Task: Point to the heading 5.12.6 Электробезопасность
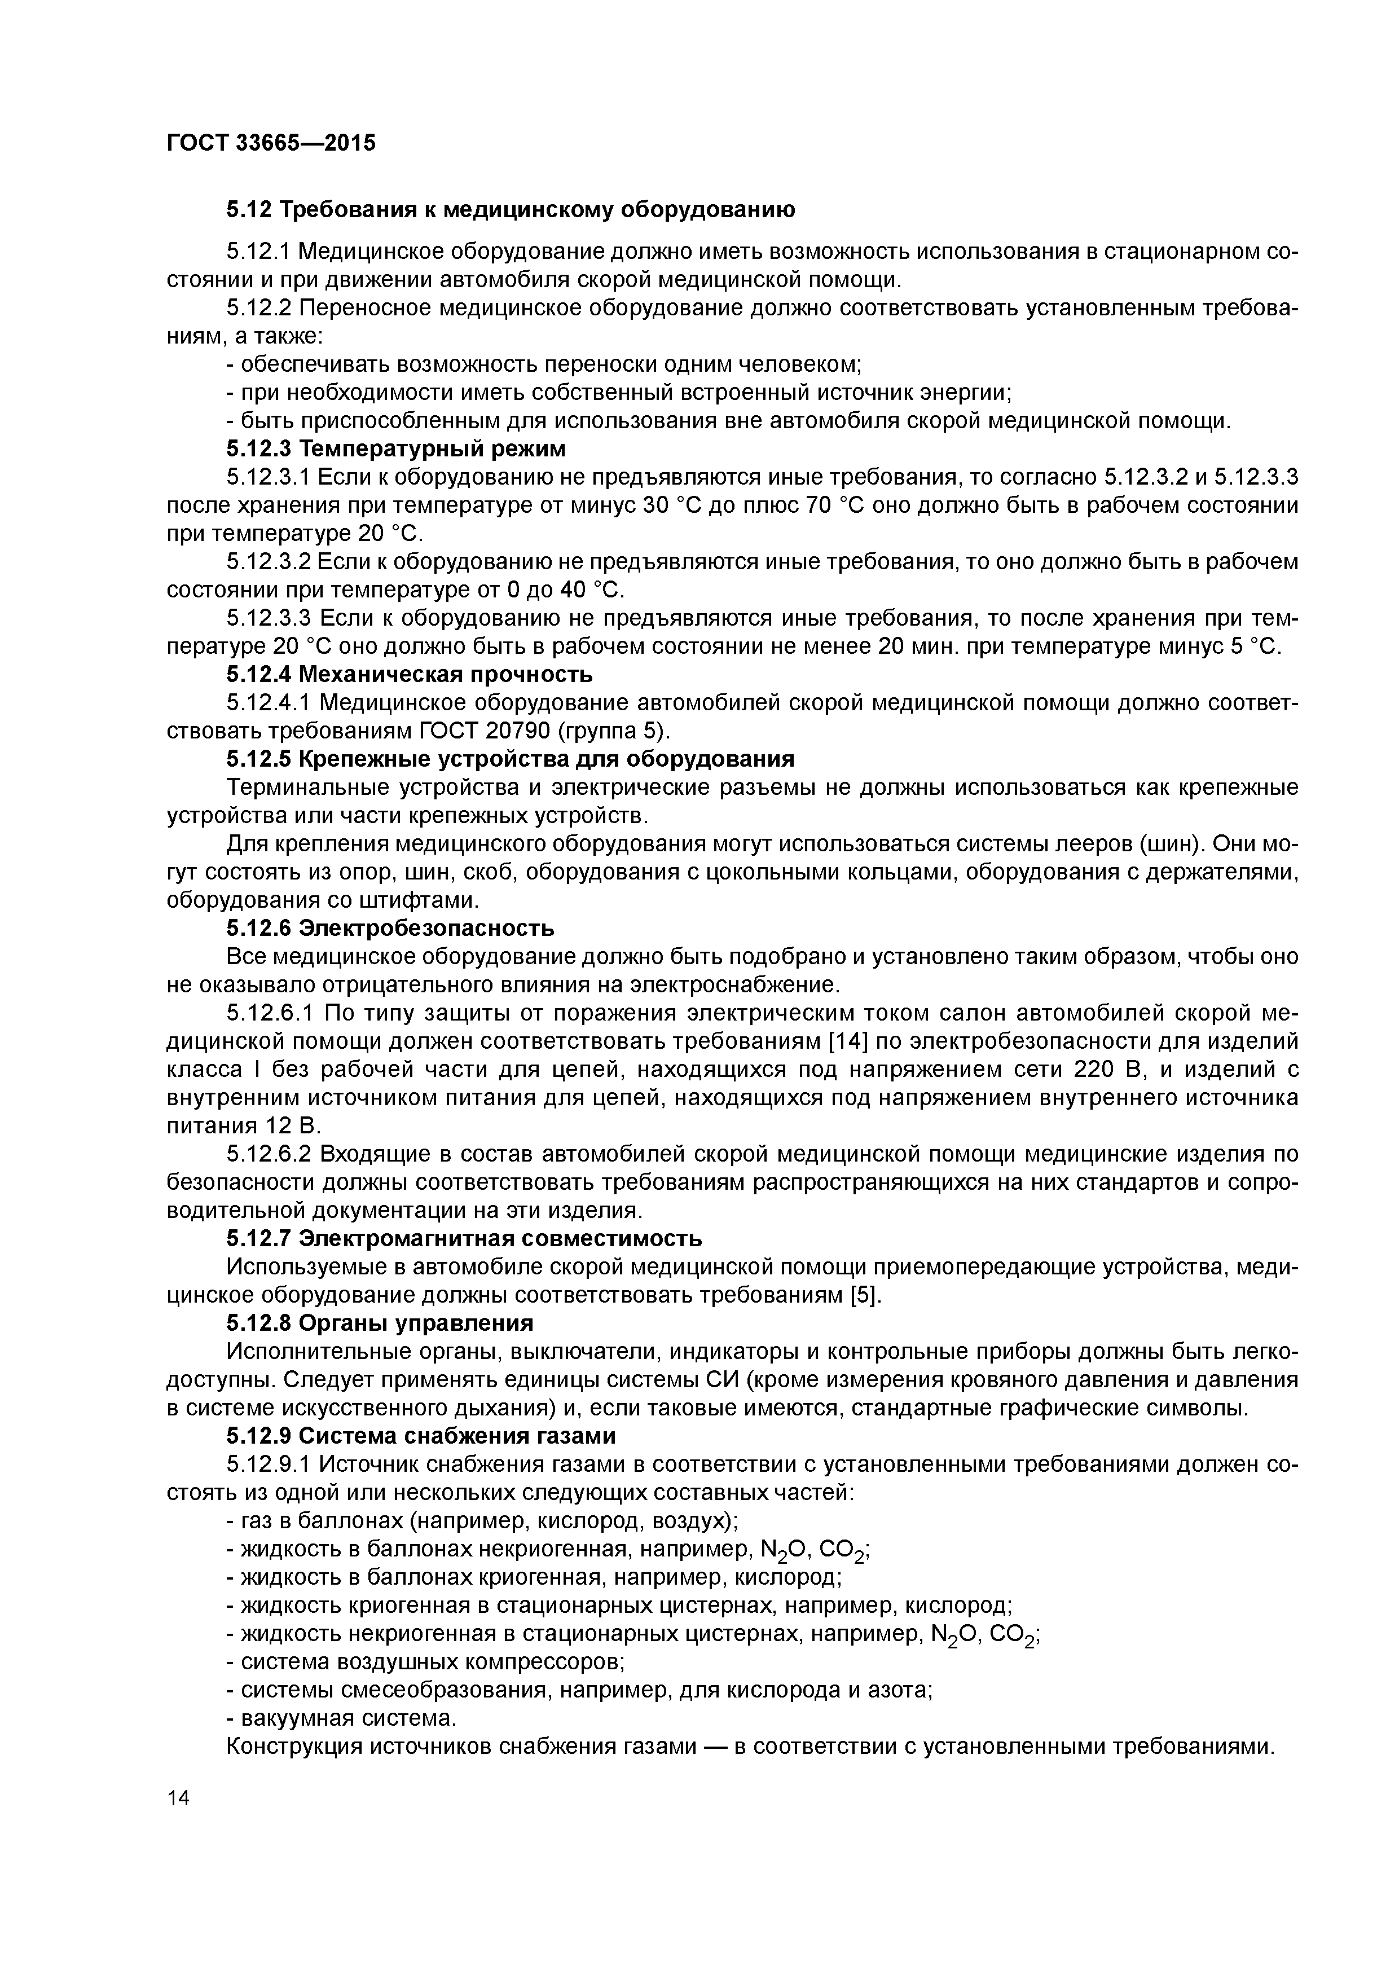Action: tap(390, 929)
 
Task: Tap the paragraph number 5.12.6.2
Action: tap(269, 1154)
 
